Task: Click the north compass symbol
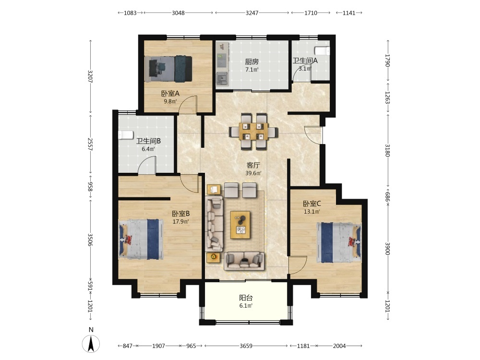(x=91, y=344)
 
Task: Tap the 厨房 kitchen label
(x=252, y=62)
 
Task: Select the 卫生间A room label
(x=305, y=60)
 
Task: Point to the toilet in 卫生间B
(x=126, y=135)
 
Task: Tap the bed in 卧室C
(x=339, y=242)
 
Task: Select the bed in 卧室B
(x=141, y=239)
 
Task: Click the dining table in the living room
(x=253, y=132)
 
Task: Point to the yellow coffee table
(x=240, y=225)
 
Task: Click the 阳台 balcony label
(x=246, y=298)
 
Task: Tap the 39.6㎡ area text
(x=253, y=173)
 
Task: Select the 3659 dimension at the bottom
(x=246, y=346)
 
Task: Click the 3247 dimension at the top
(x=252, y=13)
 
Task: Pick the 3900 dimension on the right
(x=387, y=249)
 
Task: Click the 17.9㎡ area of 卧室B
(x=180, y=222)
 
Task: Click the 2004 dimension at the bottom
(x=339, y=346)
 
